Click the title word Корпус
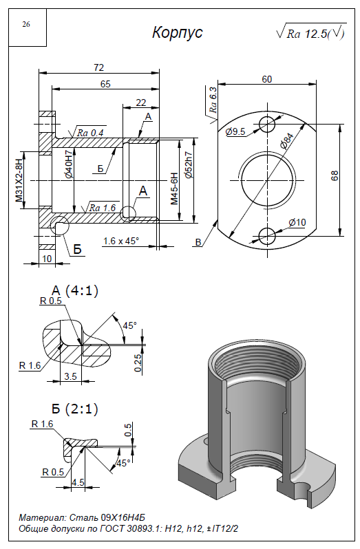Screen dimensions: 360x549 (177, 32)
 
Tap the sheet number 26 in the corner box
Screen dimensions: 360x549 (26, 24)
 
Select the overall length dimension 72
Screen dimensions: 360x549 (98, 67)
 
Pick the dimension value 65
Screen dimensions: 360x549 (105, 84)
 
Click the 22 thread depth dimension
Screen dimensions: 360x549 (141, 103)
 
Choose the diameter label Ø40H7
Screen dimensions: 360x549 (69, 163)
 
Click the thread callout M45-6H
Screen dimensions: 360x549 (174, 188)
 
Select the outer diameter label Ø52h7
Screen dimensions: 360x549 (189, 165)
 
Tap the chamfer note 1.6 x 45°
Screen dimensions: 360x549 (121, 241)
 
